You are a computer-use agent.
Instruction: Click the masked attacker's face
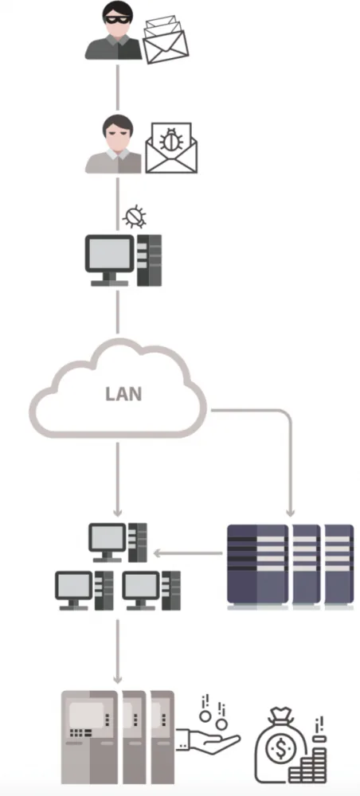coord(118,24)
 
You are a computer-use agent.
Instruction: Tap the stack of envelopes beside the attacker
coord(166,40)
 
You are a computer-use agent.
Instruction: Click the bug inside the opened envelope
coord(171,139)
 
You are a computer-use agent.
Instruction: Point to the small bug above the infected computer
coord(135,217)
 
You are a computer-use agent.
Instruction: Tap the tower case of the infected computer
coord(149,260)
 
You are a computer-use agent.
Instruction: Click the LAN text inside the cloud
coord(123,394)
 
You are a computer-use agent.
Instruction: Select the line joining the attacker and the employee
coord(118,88)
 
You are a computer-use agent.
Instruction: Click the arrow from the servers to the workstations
coord(188,553)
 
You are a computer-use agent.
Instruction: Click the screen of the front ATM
coord(87,715)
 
